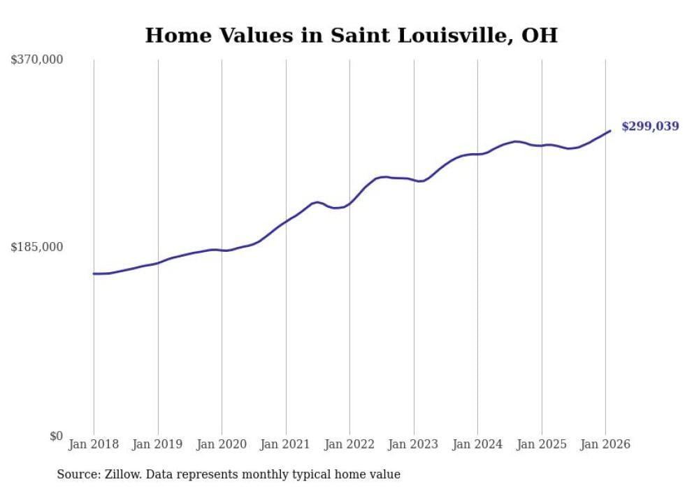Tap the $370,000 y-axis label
(37, 60)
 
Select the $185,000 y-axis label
(37, 247)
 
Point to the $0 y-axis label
(56, 436)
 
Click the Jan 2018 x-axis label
(94, 444)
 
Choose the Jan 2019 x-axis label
(158, 444)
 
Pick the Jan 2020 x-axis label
(222, 444)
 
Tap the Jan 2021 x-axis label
(286, 444)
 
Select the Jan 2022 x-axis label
(349, 444)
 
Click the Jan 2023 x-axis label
(414, 444)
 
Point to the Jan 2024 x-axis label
(477, 444)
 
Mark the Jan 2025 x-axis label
(542, 444)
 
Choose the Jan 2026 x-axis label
(605, 444)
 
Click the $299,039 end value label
(650, 127)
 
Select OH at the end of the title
(540, 35)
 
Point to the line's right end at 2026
(610, 131)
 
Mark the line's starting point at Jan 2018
(94, 274)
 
